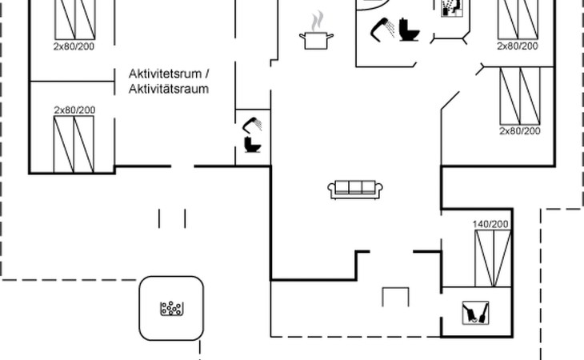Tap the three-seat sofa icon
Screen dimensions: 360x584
coord(356,189)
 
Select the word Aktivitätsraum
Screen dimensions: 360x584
coord(168,89)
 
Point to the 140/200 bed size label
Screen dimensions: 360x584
coord(490,224)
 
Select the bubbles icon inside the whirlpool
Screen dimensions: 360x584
coord(171,308)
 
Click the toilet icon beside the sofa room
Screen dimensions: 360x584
coord(253,145)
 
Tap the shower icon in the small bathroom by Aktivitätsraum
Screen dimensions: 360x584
coord(254,125)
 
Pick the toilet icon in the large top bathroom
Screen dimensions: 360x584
coord(410,30)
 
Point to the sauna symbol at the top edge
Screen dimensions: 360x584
coord(451,8)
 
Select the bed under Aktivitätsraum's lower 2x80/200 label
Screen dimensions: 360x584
coord(74,144)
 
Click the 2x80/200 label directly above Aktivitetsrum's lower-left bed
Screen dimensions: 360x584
coord(74,110)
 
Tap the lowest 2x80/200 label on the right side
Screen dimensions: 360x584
coord(520,130)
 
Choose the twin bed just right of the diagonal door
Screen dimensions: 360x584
coord(520,95)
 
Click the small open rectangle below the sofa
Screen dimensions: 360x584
coord(395,297)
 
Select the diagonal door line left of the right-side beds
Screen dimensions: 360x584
coord(450,101)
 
